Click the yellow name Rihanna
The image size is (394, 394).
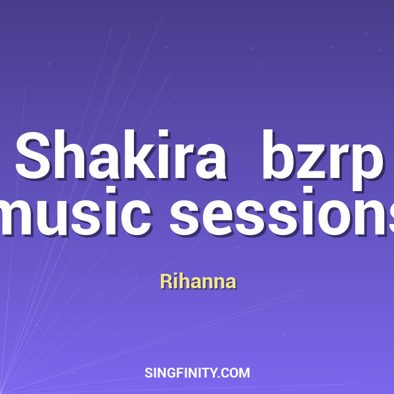click(198, 282)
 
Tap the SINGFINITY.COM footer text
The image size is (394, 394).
click(197, 373)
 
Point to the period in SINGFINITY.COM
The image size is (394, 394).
click(221, 377)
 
